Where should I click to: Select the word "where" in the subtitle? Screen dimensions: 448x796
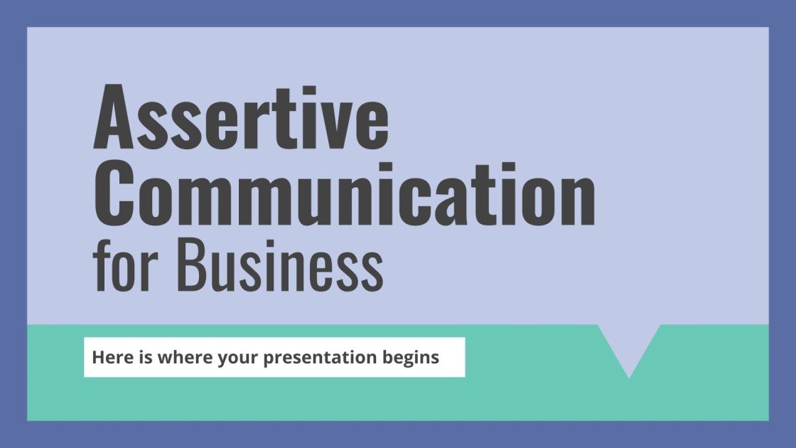[179, 357]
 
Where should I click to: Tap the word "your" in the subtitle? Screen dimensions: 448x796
[232, 357]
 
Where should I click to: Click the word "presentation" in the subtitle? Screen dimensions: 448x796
[316, 357]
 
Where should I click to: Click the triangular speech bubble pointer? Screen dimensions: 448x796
[629, 345]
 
